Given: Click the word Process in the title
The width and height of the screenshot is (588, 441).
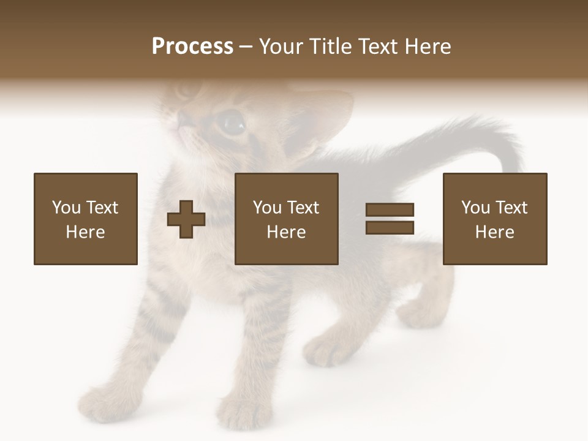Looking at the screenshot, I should point(192,47).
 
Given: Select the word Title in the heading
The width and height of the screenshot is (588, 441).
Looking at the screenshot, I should point(328,47).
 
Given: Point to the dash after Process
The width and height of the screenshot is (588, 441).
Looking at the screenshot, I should point(246,47).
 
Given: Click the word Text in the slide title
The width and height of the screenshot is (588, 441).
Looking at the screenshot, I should point(377,47).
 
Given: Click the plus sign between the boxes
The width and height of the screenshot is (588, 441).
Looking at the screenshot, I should point(186,219).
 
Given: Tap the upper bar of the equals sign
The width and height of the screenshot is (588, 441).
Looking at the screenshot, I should point(390,210).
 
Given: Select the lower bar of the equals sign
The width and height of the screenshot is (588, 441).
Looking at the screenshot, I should point(390,227).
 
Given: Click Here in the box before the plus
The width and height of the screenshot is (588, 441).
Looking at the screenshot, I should point(86,232).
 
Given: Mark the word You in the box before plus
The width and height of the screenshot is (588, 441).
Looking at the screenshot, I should point(66,208).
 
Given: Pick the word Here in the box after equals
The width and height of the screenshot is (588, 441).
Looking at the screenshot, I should point(495,232).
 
